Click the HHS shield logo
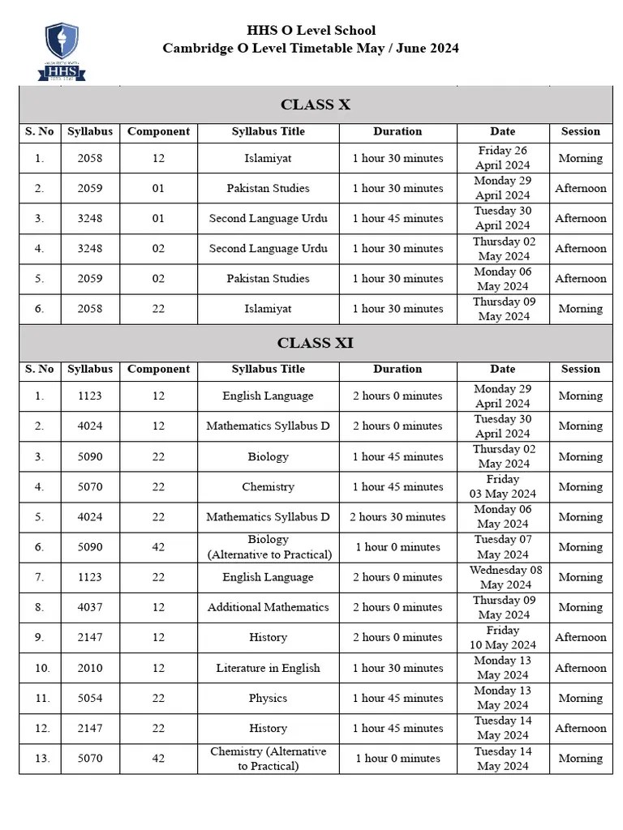[62, 51]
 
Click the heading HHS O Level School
[311, 31]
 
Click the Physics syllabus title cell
[268, 698]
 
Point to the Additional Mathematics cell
[268, 607]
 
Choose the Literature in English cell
[268, 668]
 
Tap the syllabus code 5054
[90, 698]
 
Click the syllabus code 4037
[90, 607]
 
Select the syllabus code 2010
[90, 668]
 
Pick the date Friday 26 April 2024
[502, 158]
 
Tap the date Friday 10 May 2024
[502, 638]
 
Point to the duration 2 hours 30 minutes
[397, 517]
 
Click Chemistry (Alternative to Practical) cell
[268, 759]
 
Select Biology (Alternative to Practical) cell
[268, 547]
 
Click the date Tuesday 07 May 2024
[502, 547]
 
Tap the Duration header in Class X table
[397, 131]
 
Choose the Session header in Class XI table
[581, 369]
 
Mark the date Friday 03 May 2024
[502, 486]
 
